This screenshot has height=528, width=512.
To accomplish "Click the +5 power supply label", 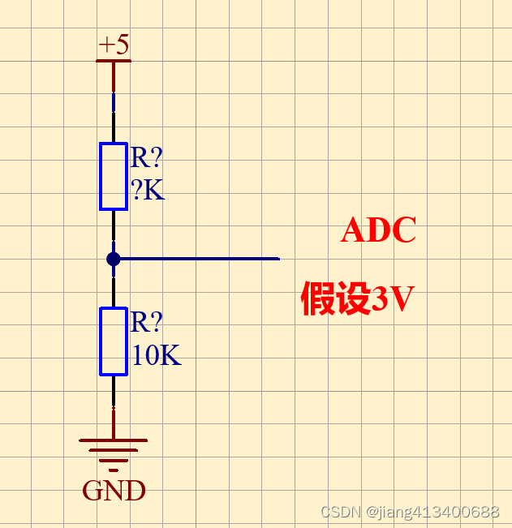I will (114, 44).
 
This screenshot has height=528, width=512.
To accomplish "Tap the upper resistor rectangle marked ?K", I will (114, 176).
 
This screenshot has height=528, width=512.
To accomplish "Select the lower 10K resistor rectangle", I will (114, 341).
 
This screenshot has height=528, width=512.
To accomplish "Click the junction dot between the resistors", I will (114, 259).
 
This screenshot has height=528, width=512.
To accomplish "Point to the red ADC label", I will (378, 230).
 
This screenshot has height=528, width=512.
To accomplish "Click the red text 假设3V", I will (357, 299).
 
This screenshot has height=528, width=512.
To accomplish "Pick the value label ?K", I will (148, 191).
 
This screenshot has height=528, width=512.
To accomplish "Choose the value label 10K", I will (156, 355).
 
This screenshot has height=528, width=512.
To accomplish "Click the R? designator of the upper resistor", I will (147, 158).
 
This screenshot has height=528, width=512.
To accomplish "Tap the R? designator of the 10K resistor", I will (147, 323).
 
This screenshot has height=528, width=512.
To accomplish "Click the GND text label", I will (114, 491).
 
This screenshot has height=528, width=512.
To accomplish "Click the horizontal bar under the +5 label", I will (114, 60).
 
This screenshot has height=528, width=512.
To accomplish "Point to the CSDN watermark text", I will (410, 512).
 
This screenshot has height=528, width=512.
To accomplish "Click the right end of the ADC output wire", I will (278, 259).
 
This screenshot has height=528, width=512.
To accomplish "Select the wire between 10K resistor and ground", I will (114, 406).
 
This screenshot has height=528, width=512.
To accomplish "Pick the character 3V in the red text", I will (393, 300).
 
